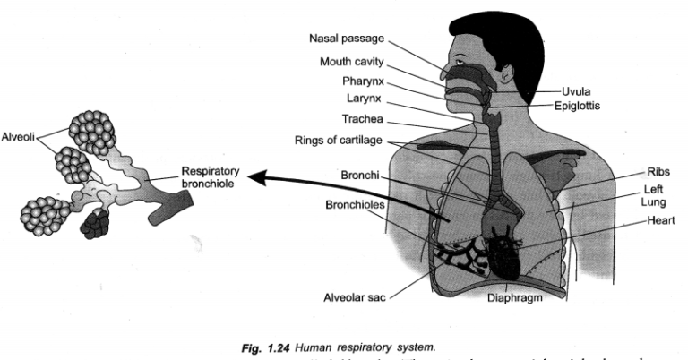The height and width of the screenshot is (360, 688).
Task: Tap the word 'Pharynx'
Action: click(x=363, y=81)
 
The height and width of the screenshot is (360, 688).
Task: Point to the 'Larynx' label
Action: click(x=365, y=98)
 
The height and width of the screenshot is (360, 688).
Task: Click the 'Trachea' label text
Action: click(x=363, y=118)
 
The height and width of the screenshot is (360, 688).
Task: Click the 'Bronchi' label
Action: click(x=360, y=175)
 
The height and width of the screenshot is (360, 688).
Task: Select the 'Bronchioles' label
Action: click(x=354, y=204)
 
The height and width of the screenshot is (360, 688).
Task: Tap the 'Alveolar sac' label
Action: click(x=354, y=297)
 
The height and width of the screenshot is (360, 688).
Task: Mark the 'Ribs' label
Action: click(x=659, y=171)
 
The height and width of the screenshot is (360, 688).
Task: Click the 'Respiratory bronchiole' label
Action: click(x=208, y=176)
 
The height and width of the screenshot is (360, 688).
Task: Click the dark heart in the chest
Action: click(x=502, y=251)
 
